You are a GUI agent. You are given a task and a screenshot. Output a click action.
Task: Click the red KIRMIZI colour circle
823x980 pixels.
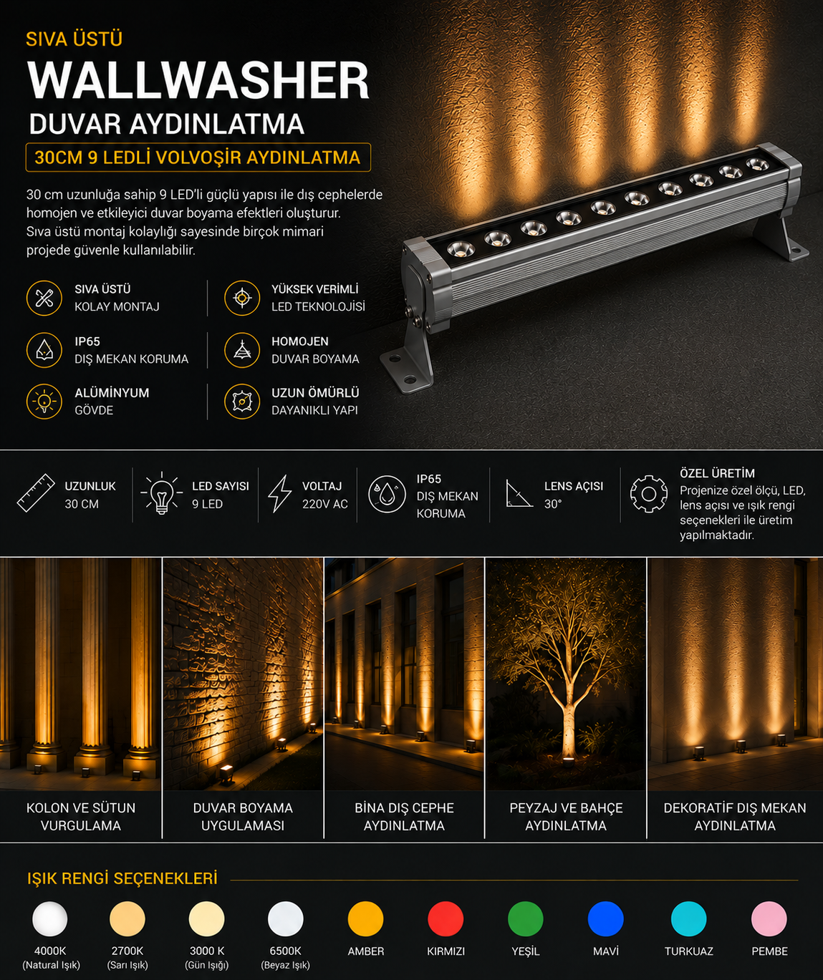446,918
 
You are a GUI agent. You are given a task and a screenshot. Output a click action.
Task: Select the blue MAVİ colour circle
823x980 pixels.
605,918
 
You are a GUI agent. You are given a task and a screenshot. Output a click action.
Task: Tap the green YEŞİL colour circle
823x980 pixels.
525,918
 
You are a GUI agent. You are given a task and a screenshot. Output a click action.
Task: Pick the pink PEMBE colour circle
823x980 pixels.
769,918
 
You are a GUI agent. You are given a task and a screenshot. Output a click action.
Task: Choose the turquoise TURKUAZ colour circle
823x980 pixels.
688,918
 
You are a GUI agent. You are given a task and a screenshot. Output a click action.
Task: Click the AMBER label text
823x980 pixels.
365,951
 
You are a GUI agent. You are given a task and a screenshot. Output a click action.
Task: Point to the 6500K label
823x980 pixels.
285,951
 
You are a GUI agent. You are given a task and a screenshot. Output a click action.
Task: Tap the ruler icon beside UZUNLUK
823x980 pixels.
36,493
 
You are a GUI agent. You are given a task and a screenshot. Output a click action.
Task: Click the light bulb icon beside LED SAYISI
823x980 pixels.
161,493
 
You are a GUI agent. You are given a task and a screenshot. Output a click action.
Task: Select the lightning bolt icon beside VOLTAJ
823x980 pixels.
279,493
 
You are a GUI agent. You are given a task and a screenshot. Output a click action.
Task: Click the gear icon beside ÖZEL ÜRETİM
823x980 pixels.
648,494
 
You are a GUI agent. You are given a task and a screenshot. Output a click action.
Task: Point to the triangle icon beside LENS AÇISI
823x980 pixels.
518,493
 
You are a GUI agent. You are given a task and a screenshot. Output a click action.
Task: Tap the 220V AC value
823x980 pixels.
324,504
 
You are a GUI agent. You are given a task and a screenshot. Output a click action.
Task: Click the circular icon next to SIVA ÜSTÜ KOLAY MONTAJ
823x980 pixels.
44,298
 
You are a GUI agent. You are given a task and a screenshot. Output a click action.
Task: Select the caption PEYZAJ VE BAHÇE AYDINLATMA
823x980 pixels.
566,816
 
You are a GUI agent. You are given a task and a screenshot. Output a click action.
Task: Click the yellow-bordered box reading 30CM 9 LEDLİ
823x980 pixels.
198,157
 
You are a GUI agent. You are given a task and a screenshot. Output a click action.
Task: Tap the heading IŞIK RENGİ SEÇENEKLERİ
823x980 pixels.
122,878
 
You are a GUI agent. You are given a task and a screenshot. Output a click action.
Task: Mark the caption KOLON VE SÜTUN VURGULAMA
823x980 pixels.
81,816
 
